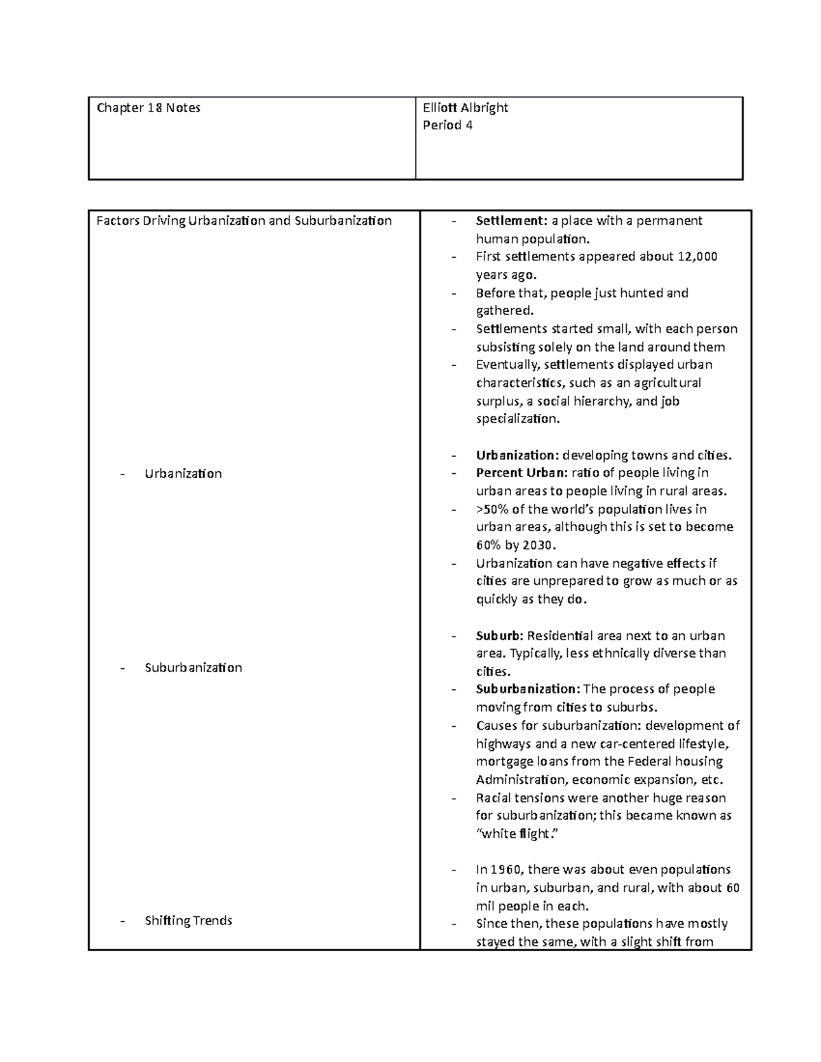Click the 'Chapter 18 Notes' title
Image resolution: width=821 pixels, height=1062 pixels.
(148, 108)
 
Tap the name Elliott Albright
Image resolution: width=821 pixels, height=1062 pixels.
(465, 108)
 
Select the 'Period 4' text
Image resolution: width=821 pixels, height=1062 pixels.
(447, 126)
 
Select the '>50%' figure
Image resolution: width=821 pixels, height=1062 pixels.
(492, 509)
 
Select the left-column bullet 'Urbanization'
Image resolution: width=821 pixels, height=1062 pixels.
(183, 474)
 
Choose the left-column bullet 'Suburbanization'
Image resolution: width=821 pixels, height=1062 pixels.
(193, 668)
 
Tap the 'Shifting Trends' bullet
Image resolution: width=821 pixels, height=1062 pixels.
(188, 921)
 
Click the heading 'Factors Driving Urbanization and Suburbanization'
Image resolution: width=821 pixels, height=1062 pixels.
(244, 221)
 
